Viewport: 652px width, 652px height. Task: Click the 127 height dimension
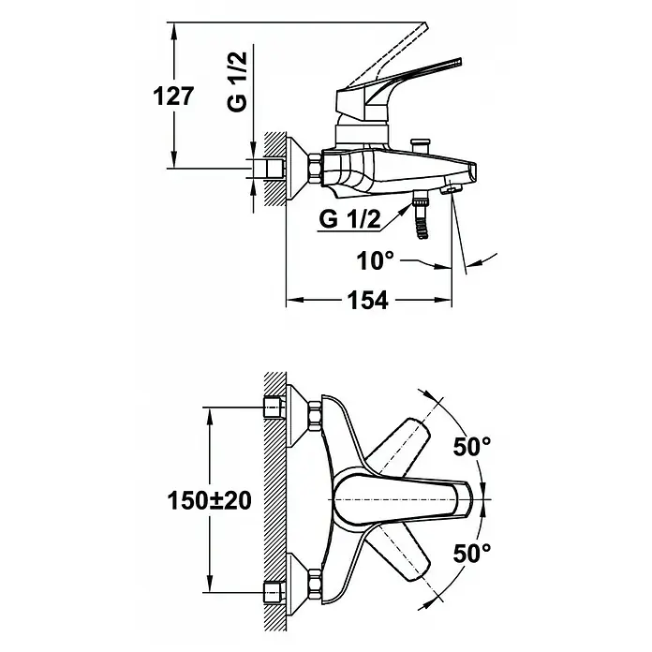pos(173,96)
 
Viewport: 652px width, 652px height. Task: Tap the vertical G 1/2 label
pos(237,81)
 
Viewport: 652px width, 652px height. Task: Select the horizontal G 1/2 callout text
pos(349,218)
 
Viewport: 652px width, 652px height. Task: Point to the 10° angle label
pos(375,260)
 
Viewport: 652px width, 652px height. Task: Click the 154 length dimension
pos(367,300)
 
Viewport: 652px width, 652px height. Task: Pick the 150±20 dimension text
pos(209,500)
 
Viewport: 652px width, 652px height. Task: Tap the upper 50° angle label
pos(471,447)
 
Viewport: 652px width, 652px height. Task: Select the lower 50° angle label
pos(471,553)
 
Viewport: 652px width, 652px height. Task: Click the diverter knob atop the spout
pos(420,146)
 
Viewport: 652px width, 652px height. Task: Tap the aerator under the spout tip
pos(451,189)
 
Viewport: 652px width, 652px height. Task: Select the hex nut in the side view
pos(315,169)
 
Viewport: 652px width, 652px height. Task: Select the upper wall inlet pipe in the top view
pos(274,407)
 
